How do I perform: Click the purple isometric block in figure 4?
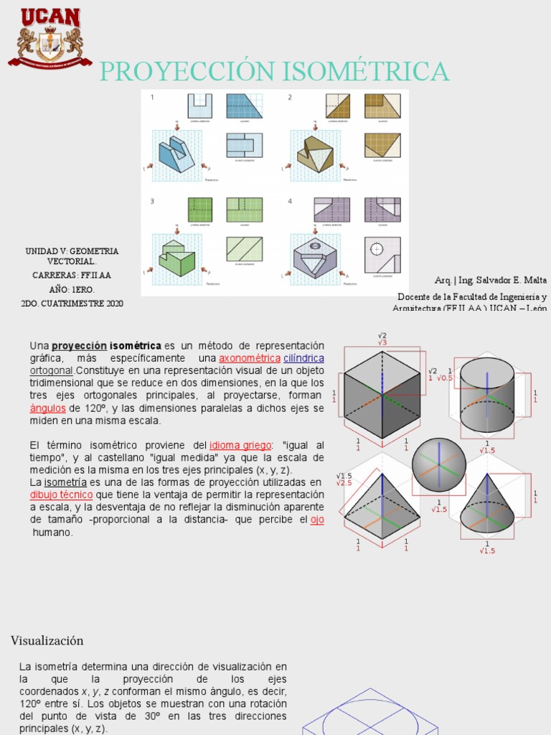(x=314, y=258)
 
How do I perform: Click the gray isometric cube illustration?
(x=382, y=394)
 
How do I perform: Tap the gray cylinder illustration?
(x=486, y=395)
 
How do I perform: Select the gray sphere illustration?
(x=438, y=465)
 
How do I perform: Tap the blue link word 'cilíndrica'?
(x=303, y=358)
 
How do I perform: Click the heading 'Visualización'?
(x=47, y=640)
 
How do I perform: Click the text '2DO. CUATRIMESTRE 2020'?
(x=72, y=304)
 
